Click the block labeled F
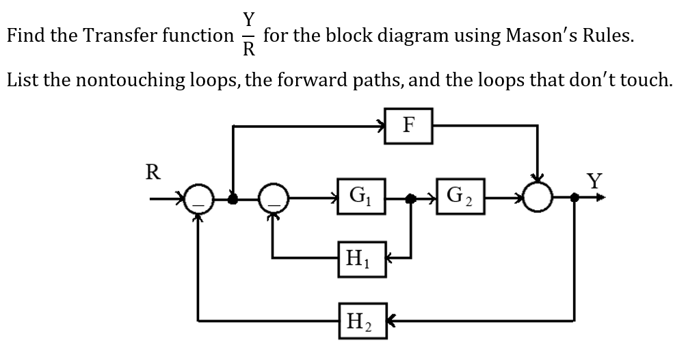click(x=408, y=125)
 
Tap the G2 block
click(x=459, y=196)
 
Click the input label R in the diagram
click(x=154, y=172)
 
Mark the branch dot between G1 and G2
click(x=410, y=198)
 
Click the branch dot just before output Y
click(x=575, y=198)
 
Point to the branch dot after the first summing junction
click(x=233, y=198)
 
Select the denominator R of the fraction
click(x=249, y=50)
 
